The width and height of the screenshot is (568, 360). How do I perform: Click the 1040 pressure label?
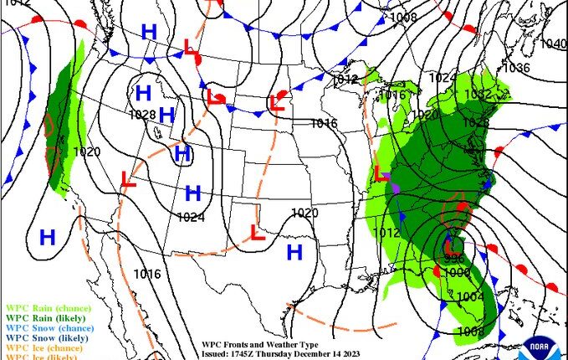pyautogui.click(x=553, y=44)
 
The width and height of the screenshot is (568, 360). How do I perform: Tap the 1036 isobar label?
pyautogui.click(x=516, y=68)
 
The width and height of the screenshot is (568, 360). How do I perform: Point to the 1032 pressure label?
pyautogui.click(x=478, y=95)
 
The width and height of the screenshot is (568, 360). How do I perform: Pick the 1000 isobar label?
pyautogui.click(x=456, y=272)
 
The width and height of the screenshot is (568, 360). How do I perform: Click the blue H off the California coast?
pyautogui.click(x=48, y=237)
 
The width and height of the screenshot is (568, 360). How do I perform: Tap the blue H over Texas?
pyautogui.click(x=294, y=251)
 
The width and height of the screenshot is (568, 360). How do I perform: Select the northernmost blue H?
pyautogui.click(x=149, y=32)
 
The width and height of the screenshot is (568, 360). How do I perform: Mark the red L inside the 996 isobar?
pyautogui.click(x=452, y=247)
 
